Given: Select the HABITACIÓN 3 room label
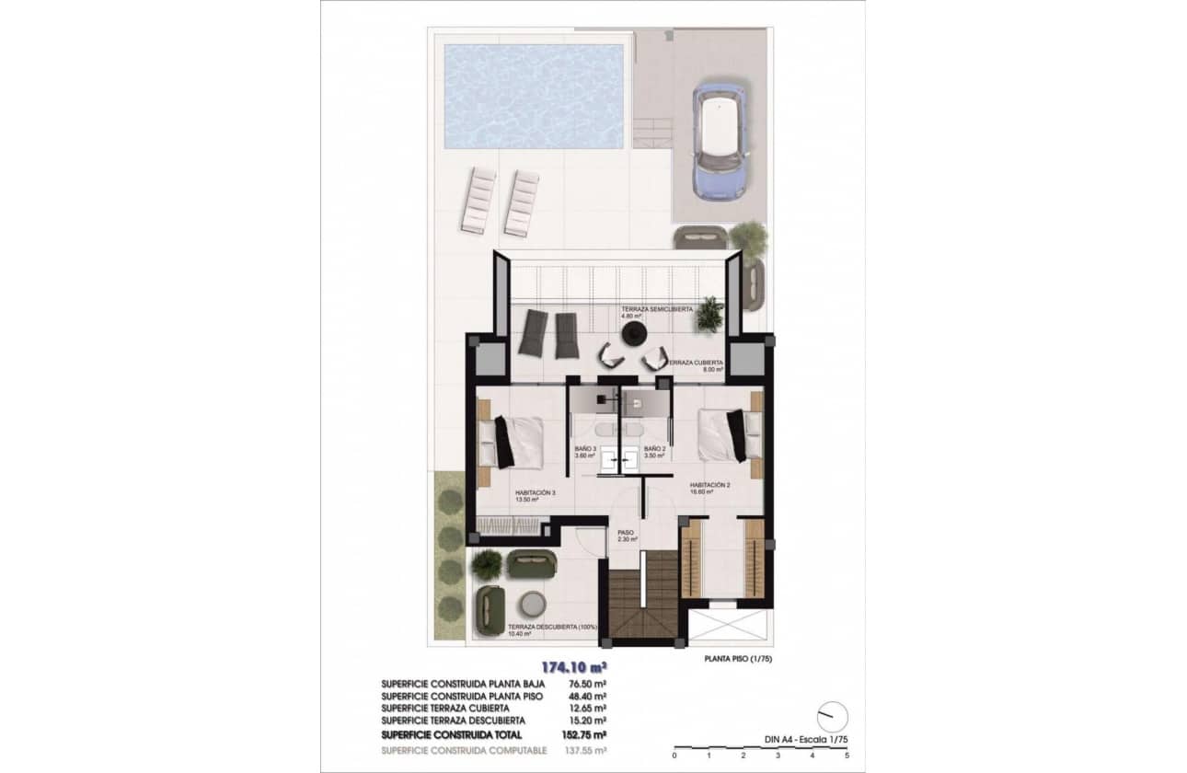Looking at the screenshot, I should click(535, 493).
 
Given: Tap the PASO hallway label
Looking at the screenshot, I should click(628, 533).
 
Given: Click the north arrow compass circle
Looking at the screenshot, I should click(833, 717).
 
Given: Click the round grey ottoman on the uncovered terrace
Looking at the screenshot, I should click(534, 605).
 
